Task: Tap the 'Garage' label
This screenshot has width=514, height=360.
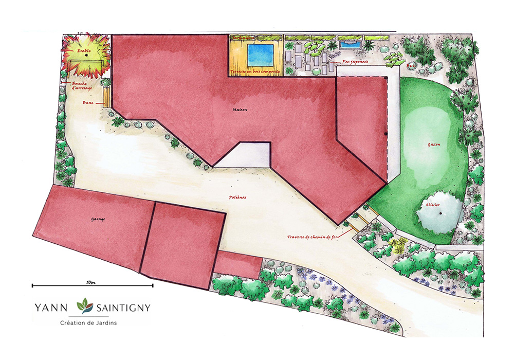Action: pos(98,220)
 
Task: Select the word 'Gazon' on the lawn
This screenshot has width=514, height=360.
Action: pos(434,145)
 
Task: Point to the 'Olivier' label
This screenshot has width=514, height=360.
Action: pos(432,204)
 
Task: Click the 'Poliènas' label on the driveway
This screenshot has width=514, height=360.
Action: pos(238,197)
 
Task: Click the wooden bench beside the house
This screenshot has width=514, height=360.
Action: pos(107,97)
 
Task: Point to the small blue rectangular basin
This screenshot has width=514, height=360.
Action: pos(350,45)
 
